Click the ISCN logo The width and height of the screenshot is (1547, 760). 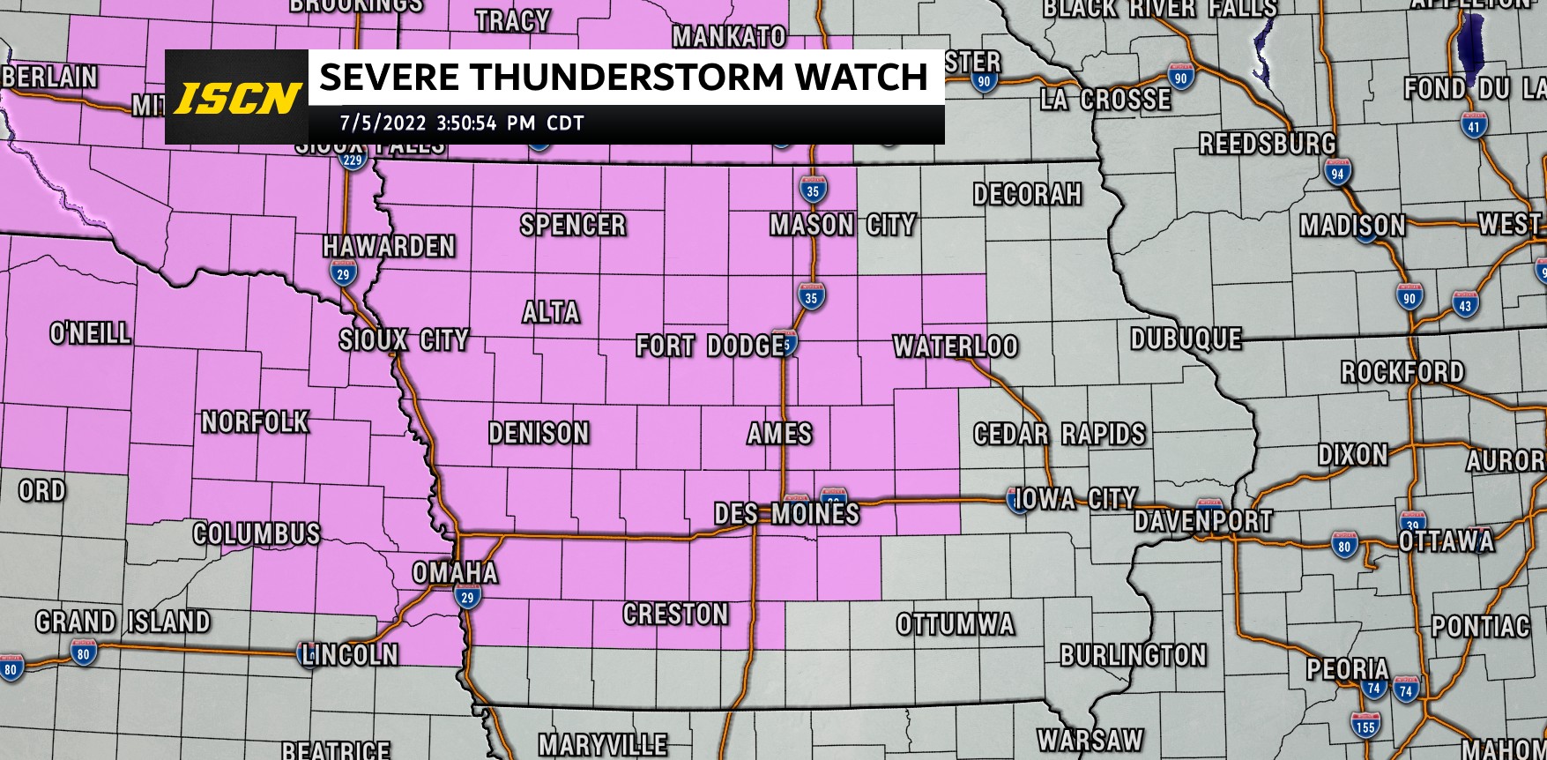point(237,98)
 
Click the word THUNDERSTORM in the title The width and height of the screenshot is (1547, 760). point(627,78)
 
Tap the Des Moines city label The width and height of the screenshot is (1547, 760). point(786,513)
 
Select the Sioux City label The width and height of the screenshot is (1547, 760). point(404,339)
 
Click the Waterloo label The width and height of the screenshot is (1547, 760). point(956,346)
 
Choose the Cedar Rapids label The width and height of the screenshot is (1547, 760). point(1060,434)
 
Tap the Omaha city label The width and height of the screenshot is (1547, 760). point(455,573)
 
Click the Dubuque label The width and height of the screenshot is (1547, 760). point(1186,339)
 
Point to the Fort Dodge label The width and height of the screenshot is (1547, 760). point(710,346)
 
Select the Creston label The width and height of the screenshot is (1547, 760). point(676,614)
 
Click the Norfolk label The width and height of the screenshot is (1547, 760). point(256,422)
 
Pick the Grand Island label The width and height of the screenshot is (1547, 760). point(123,622)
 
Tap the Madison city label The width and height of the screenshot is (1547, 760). point(1353,226)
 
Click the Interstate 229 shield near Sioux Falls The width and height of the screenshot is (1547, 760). point(353,160)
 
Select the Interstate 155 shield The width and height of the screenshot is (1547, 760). point(1365,726)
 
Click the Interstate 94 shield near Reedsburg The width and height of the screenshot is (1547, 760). point(1338,173)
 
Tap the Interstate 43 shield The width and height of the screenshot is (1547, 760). point(1465,305)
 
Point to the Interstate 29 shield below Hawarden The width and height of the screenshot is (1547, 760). point(343,273)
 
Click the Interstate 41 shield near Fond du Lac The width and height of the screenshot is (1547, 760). point(1474,126)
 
